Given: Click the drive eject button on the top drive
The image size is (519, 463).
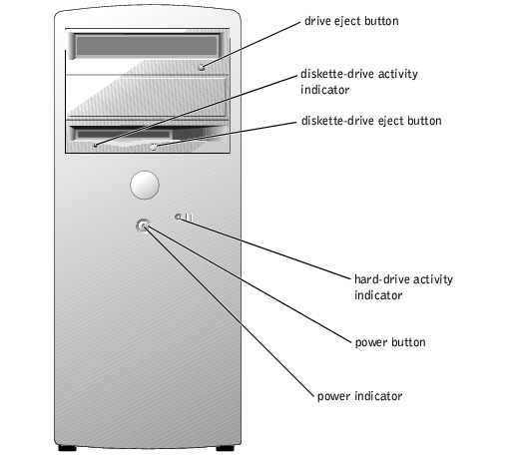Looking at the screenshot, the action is click(x=202, y=67).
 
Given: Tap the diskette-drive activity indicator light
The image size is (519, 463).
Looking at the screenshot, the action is click(x=96, y=145).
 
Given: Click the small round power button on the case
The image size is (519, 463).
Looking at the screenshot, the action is click(x=143, y=226).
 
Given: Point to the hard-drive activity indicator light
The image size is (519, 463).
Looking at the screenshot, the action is click(x=178, y=217).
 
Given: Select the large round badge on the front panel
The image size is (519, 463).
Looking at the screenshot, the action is click(x=145, y=185).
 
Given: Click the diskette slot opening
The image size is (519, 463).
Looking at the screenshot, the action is click(x=124, y=135).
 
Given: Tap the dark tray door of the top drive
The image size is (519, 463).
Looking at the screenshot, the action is click(x=147, y=46).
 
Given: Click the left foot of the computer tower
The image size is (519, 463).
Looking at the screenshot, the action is click(x=67, y=448).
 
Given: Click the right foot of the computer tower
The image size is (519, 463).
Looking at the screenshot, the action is click(x=225, y=448).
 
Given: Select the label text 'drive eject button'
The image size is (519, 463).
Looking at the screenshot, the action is click(x=351, y=21).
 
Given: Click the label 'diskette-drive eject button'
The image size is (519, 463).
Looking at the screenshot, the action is click(x=371, y=121).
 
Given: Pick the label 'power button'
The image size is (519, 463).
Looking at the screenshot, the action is click(x=390, y=342).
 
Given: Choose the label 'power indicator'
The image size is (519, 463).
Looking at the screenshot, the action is click(x=359, y=396).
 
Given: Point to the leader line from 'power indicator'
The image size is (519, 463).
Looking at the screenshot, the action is click(x=230, y=311).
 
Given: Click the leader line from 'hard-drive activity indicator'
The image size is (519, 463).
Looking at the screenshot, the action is click(x=264, y=247).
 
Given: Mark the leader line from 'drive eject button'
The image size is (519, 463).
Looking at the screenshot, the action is click(x=251, y=45).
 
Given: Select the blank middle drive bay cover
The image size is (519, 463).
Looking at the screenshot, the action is click(x=147, y=97).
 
